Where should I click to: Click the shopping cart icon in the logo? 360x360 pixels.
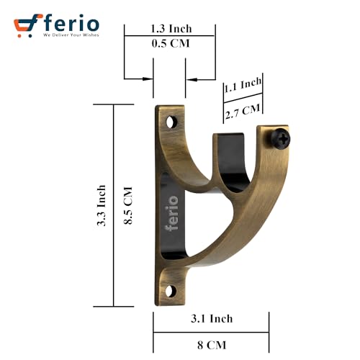pyautogui.click(x=27, y=25)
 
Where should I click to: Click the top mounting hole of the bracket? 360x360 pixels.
pyautogui.click(x=172, y=124)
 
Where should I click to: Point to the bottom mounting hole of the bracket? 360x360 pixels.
pyautogui.click(x=171, y=291)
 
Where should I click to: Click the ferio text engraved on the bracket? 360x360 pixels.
pyautogui.click(x=172, y=213)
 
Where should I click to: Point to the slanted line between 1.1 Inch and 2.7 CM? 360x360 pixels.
pyautogui.click(x=241, y=99)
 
